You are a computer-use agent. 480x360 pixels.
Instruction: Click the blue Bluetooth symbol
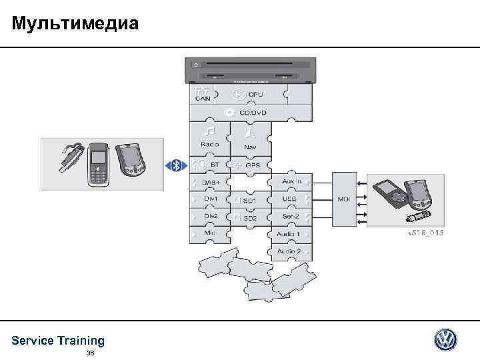click(177, 165)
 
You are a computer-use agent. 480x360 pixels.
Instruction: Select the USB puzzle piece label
click(289, 199)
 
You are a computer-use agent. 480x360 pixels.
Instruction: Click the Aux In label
click(291, 181)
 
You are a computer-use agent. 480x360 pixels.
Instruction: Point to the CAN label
click(203, 99)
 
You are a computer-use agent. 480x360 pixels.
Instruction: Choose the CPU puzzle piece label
click(255, 95)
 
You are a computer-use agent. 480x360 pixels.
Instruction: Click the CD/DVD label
click(253, 113)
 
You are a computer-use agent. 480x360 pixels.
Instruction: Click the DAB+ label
click(211, 182)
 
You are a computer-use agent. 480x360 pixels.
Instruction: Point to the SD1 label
click(249, 200)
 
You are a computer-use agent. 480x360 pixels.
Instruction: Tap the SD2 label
click(249, 218)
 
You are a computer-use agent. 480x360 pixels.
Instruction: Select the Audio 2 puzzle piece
click(289, 251)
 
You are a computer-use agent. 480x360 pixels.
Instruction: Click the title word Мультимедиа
click(75, 24)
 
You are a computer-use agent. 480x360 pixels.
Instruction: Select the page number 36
click(91, 353)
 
